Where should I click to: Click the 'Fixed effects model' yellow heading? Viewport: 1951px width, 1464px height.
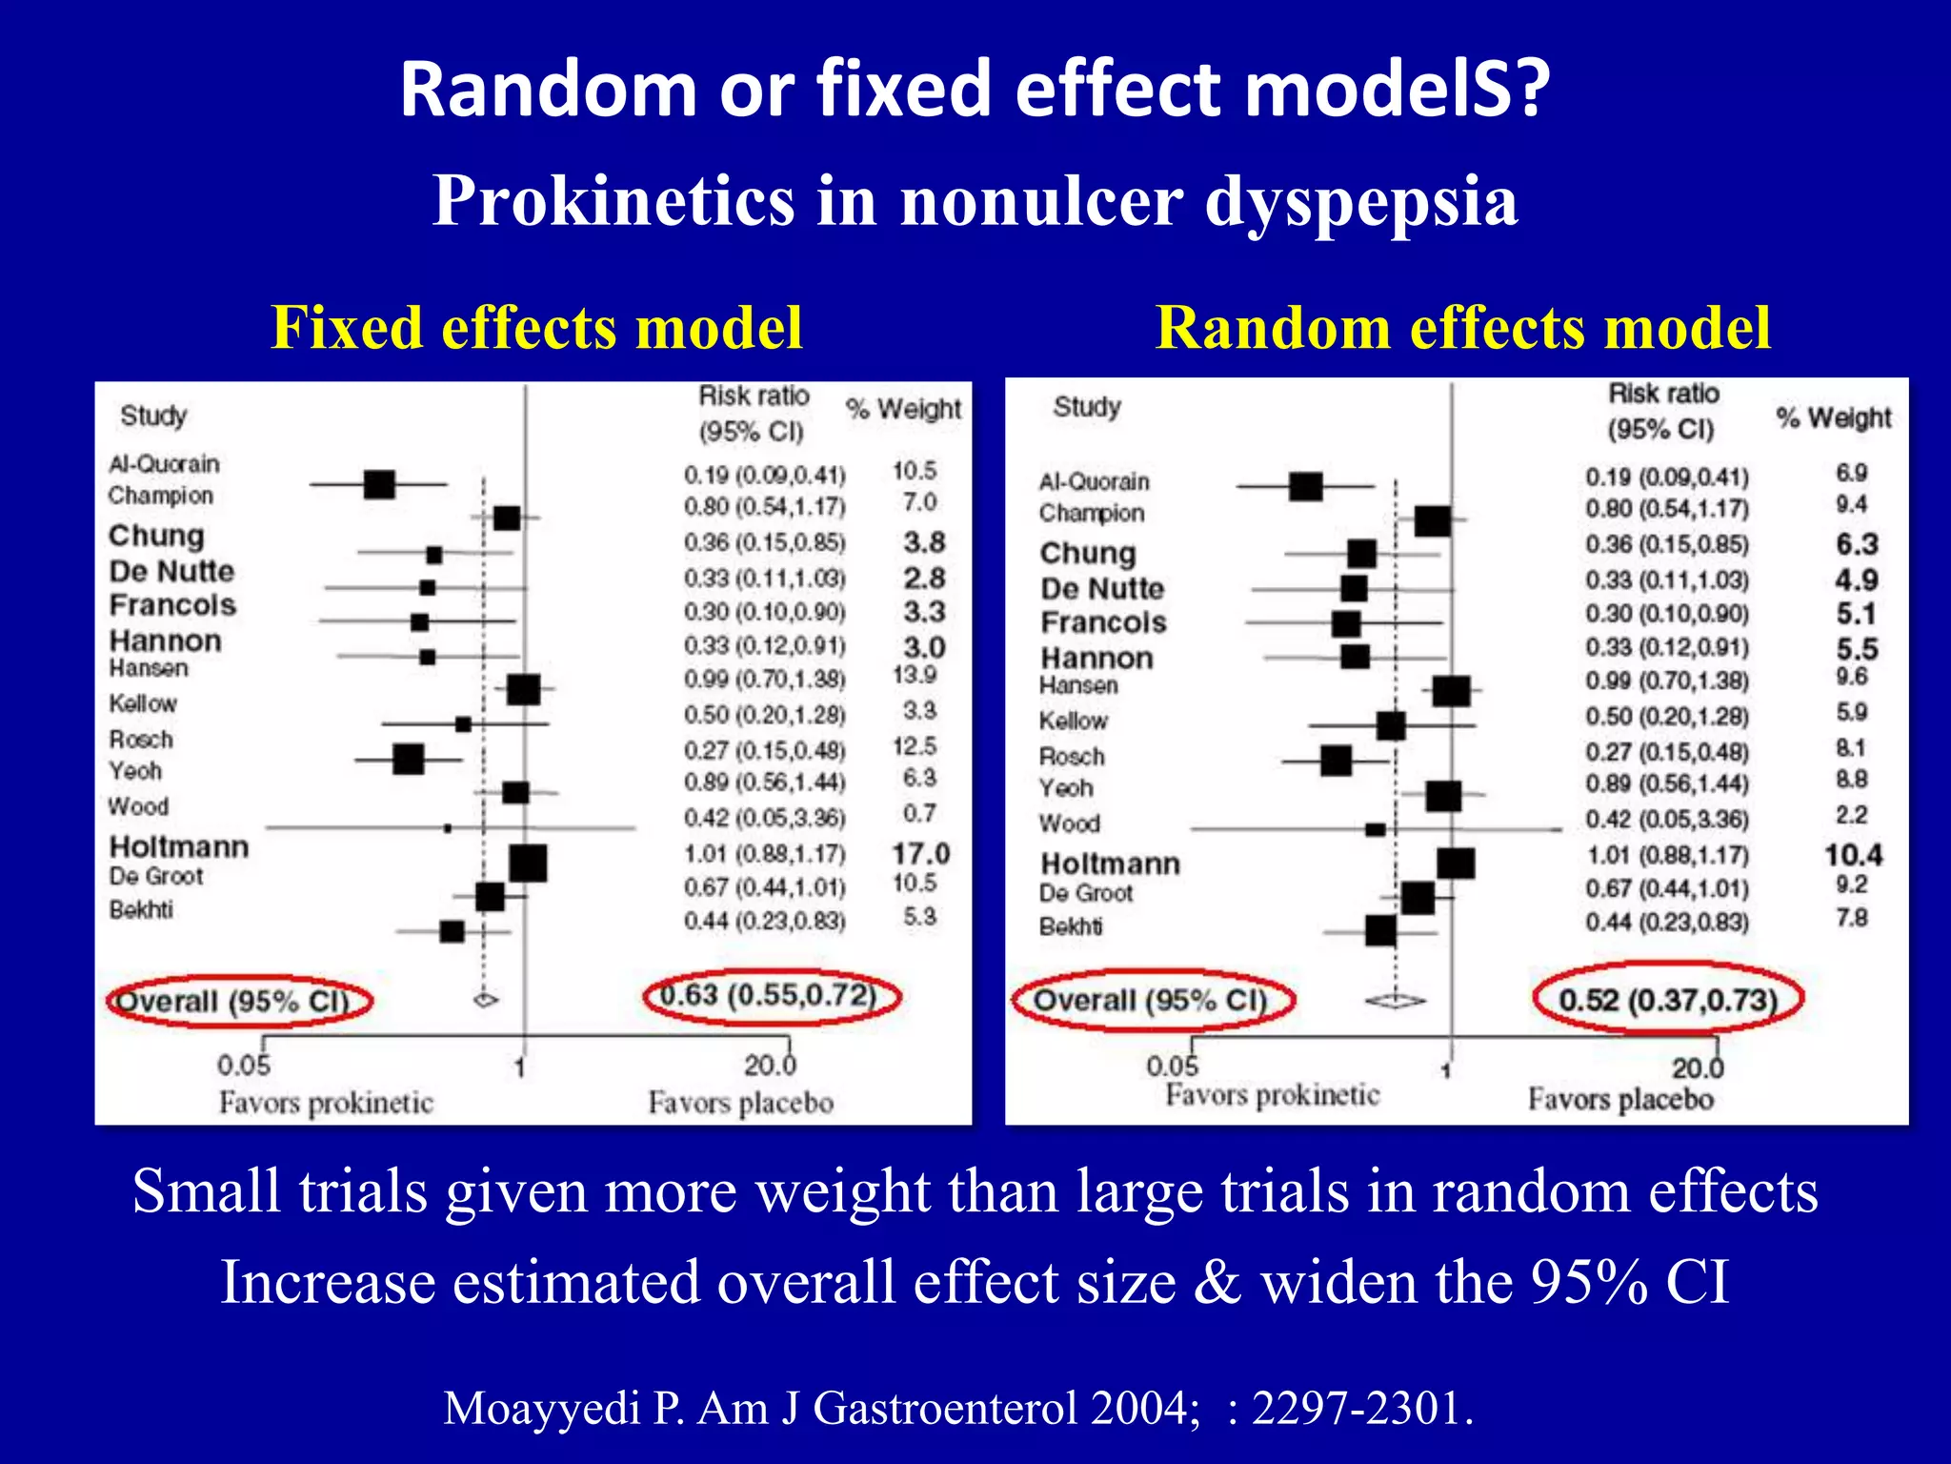click(536, 328)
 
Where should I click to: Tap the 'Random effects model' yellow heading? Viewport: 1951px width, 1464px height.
click(1462, 328)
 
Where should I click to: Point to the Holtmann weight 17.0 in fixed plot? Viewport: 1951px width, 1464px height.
click(920, 853)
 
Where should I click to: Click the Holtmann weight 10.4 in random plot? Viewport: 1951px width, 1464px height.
click(1853, 855)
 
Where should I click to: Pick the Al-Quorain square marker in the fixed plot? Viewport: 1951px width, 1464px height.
click(379, 484)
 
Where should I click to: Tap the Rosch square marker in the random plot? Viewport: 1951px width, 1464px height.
click(1336, 761)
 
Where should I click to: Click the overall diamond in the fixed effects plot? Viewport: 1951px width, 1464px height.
click(486, 1000)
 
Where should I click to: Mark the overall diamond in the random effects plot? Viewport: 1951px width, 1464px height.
click(1396, 1001)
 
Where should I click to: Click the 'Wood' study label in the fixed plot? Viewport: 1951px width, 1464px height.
click(138, 806)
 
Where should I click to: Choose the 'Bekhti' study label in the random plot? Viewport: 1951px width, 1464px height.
click(1071, 926)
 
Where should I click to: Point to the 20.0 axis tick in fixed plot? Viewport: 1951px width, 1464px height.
click(770, 1064)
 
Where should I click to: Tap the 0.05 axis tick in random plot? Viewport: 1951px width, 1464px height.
click(1172, 1066)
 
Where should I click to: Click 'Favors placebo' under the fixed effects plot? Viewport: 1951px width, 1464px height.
click(740, 1103)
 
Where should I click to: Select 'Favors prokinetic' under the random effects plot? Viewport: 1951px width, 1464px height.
click(1272, 1095)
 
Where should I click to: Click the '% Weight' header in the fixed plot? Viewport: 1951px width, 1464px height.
click(903, 409)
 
